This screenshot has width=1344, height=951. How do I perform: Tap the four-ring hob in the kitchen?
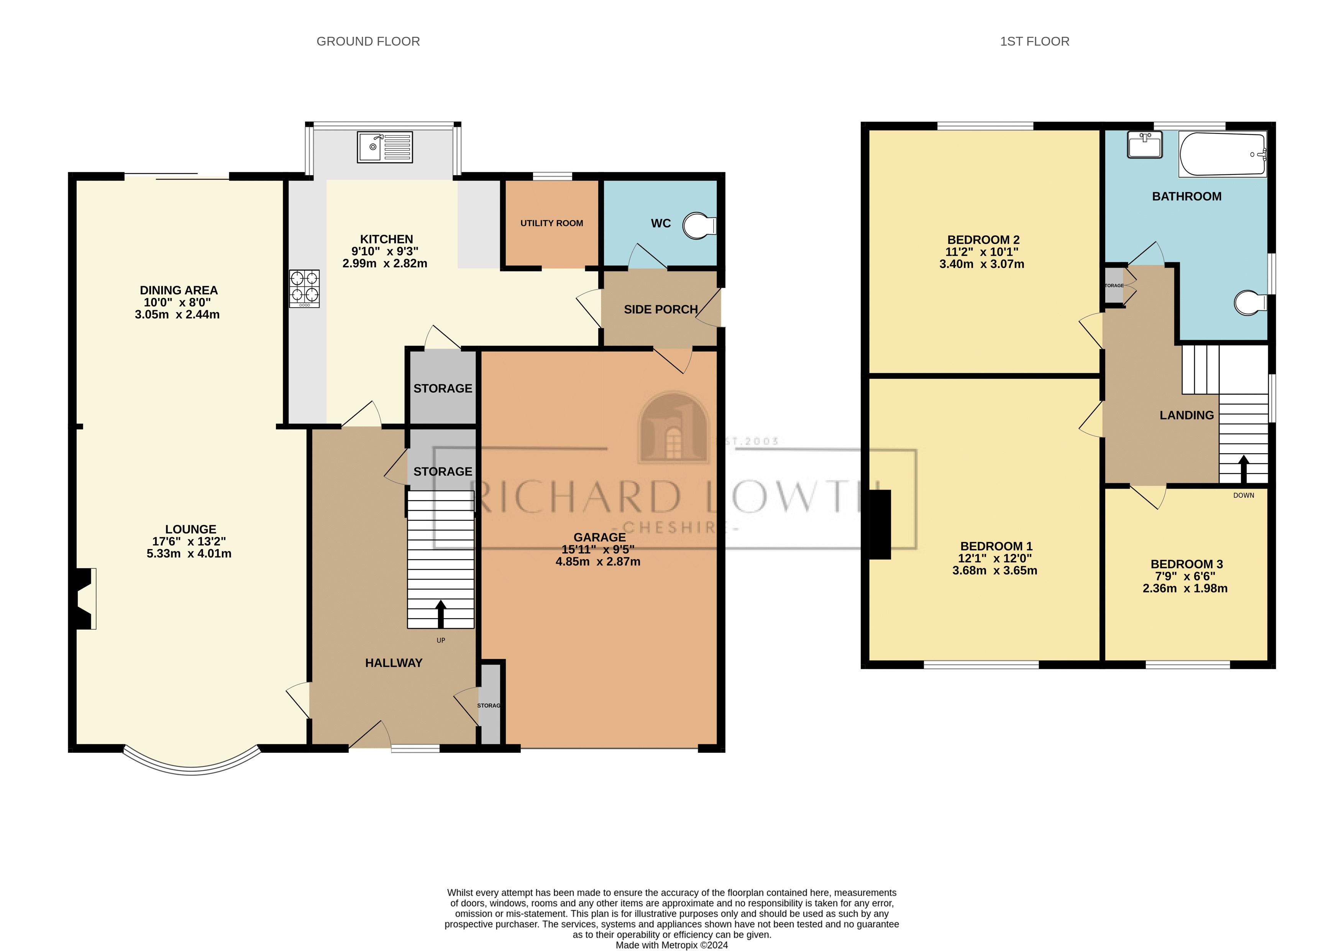coord(304,288)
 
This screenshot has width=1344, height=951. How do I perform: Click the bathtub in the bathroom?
coord(1222,155)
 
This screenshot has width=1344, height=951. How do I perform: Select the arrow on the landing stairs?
coord(1243,469)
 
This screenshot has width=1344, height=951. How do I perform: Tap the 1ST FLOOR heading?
coord(1034,41)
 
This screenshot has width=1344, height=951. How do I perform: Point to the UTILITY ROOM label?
coord(551,223)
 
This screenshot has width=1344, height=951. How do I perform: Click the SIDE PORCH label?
coord(660,309)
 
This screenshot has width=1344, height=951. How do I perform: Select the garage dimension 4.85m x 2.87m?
coord(598,561)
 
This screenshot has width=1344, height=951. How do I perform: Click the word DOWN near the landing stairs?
coord(1243,495)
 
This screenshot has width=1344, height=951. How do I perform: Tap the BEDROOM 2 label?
coord(983,240)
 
